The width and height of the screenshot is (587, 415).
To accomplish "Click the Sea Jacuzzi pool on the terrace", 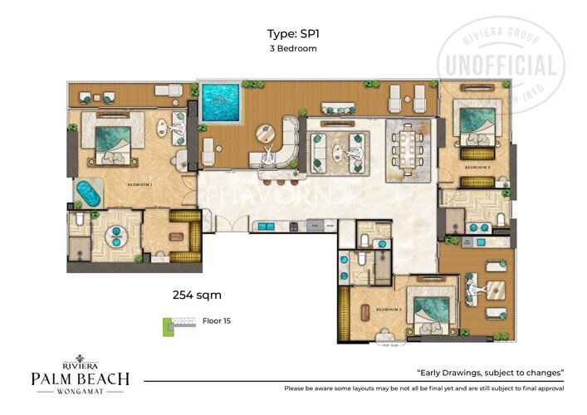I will pos(221,103).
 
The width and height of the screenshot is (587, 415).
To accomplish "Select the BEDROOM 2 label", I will pos(477,166).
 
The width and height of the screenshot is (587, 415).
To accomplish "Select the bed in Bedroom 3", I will pos(429,311).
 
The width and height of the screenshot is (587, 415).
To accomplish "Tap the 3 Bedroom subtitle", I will pos(293,48).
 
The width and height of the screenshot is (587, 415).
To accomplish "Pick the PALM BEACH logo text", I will pos(81,378).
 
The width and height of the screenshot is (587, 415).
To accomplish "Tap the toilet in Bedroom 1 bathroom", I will pos(77,220).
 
